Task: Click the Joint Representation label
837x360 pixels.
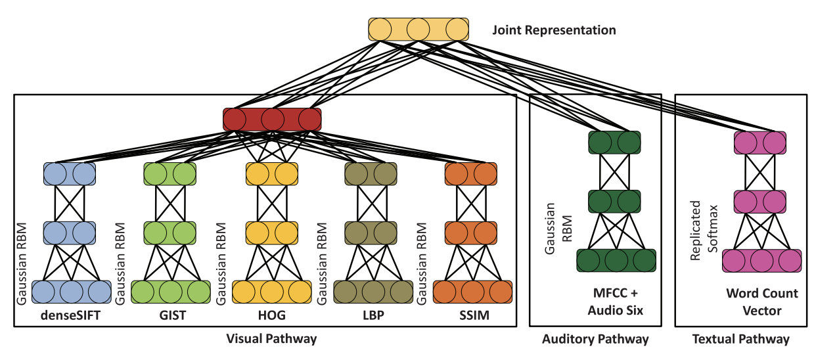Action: (x=554, y=30)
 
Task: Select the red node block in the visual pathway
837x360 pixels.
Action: (x=272, y=119)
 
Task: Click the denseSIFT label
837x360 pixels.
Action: (x=72, y=315)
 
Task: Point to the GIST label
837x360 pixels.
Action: (x=173, y=315)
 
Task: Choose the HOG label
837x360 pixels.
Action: (x=272, y=315)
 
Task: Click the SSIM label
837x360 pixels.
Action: (x=471, y=315)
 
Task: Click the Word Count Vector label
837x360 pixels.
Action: (x=762, y=302)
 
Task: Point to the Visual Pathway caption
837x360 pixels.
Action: (x=271, y=340)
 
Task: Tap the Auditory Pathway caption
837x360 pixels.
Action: (x=595, y=340)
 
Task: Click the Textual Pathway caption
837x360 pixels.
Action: (x=741, y=340)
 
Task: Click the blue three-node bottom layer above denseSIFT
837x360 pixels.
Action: (x=71, y=292)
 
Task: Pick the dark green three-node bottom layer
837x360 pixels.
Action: (x=616, y=260)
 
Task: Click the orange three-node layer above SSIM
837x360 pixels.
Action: (x=472, y=292)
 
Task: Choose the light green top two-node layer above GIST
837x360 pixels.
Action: (x=170, y=173)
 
